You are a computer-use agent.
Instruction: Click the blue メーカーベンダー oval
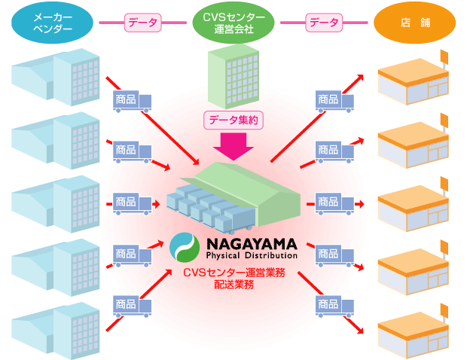pos(53,23)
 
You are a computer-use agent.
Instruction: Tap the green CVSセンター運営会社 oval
pos(233,23)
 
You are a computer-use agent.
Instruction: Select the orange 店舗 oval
pos(415,23)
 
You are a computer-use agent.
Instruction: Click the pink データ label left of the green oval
pos(144,23)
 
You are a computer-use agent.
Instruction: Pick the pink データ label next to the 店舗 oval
pos(325,23)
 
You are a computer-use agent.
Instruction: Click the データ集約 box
pos(233,118)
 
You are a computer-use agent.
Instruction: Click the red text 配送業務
pos(234,285)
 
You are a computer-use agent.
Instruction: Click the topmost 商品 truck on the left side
pos(132,99)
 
